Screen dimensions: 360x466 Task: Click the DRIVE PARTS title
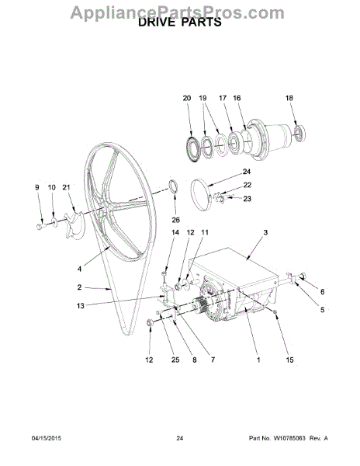180,22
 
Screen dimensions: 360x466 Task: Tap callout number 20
187,98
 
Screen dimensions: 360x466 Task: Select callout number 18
289,98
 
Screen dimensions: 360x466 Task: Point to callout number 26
175,220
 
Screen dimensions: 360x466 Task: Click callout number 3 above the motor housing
265,232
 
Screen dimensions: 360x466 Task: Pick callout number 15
289,360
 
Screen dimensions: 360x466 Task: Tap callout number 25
175,360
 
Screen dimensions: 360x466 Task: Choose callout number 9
37,187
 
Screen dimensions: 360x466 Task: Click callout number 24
247,172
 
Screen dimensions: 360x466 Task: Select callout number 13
81,305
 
